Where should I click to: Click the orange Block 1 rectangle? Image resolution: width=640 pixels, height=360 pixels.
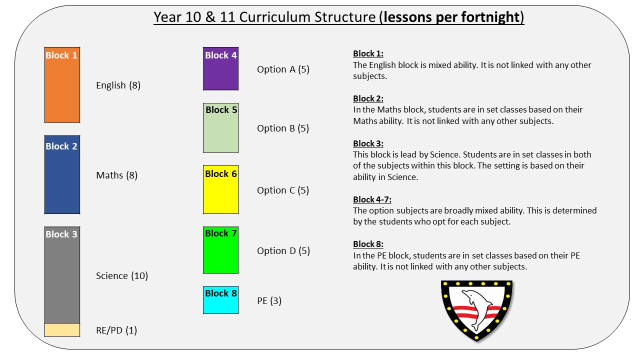pos(62,85)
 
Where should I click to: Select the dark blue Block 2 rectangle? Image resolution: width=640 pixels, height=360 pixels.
pos(62,174)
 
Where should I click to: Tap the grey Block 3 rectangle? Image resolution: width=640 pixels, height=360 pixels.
pos(62,275)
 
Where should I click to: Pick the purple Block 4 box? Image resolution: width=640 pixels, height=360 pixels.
pos(220,68)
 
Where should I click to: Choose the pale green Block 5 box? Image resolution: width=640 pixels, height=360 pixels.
pos(220,127)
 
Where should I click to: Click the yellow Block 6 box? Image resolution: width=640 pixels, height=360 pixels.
pos(220,189)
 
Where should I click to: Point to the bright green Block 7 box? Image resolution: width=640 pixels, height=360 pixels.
pos(220,250)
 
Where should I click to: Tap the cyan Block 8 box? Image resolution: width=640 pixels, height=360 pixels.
pos(220,300)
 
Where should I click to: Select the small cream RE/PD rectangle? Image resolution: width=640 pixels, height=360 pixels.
pos(62,330)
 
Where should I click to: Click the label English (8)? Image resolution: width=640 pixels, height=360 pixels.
pos(118,85)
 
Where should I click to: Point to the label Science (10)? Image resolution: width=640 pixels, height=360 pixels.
pos(121,276)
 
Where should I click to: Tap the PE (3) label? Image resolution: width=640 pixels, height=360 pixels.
pos(269,301)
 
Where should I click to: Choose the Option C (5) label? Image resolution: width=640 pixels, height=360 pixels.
pos(283,190)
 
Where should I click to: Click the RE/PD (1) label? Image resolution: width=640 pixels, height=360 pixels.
pos(116,330)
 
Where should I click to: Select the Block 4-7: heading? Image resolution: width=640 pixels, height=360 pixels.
pos(372,199)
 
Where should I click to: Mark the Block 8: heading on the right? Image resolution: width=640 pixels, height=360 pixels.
pos(368,244)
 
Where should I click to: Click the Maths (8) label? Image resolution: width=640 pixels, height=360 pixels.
pos(116,175)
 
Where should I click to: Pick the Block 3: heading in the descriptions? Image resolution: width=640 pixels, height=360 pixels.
pos(368,143)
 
